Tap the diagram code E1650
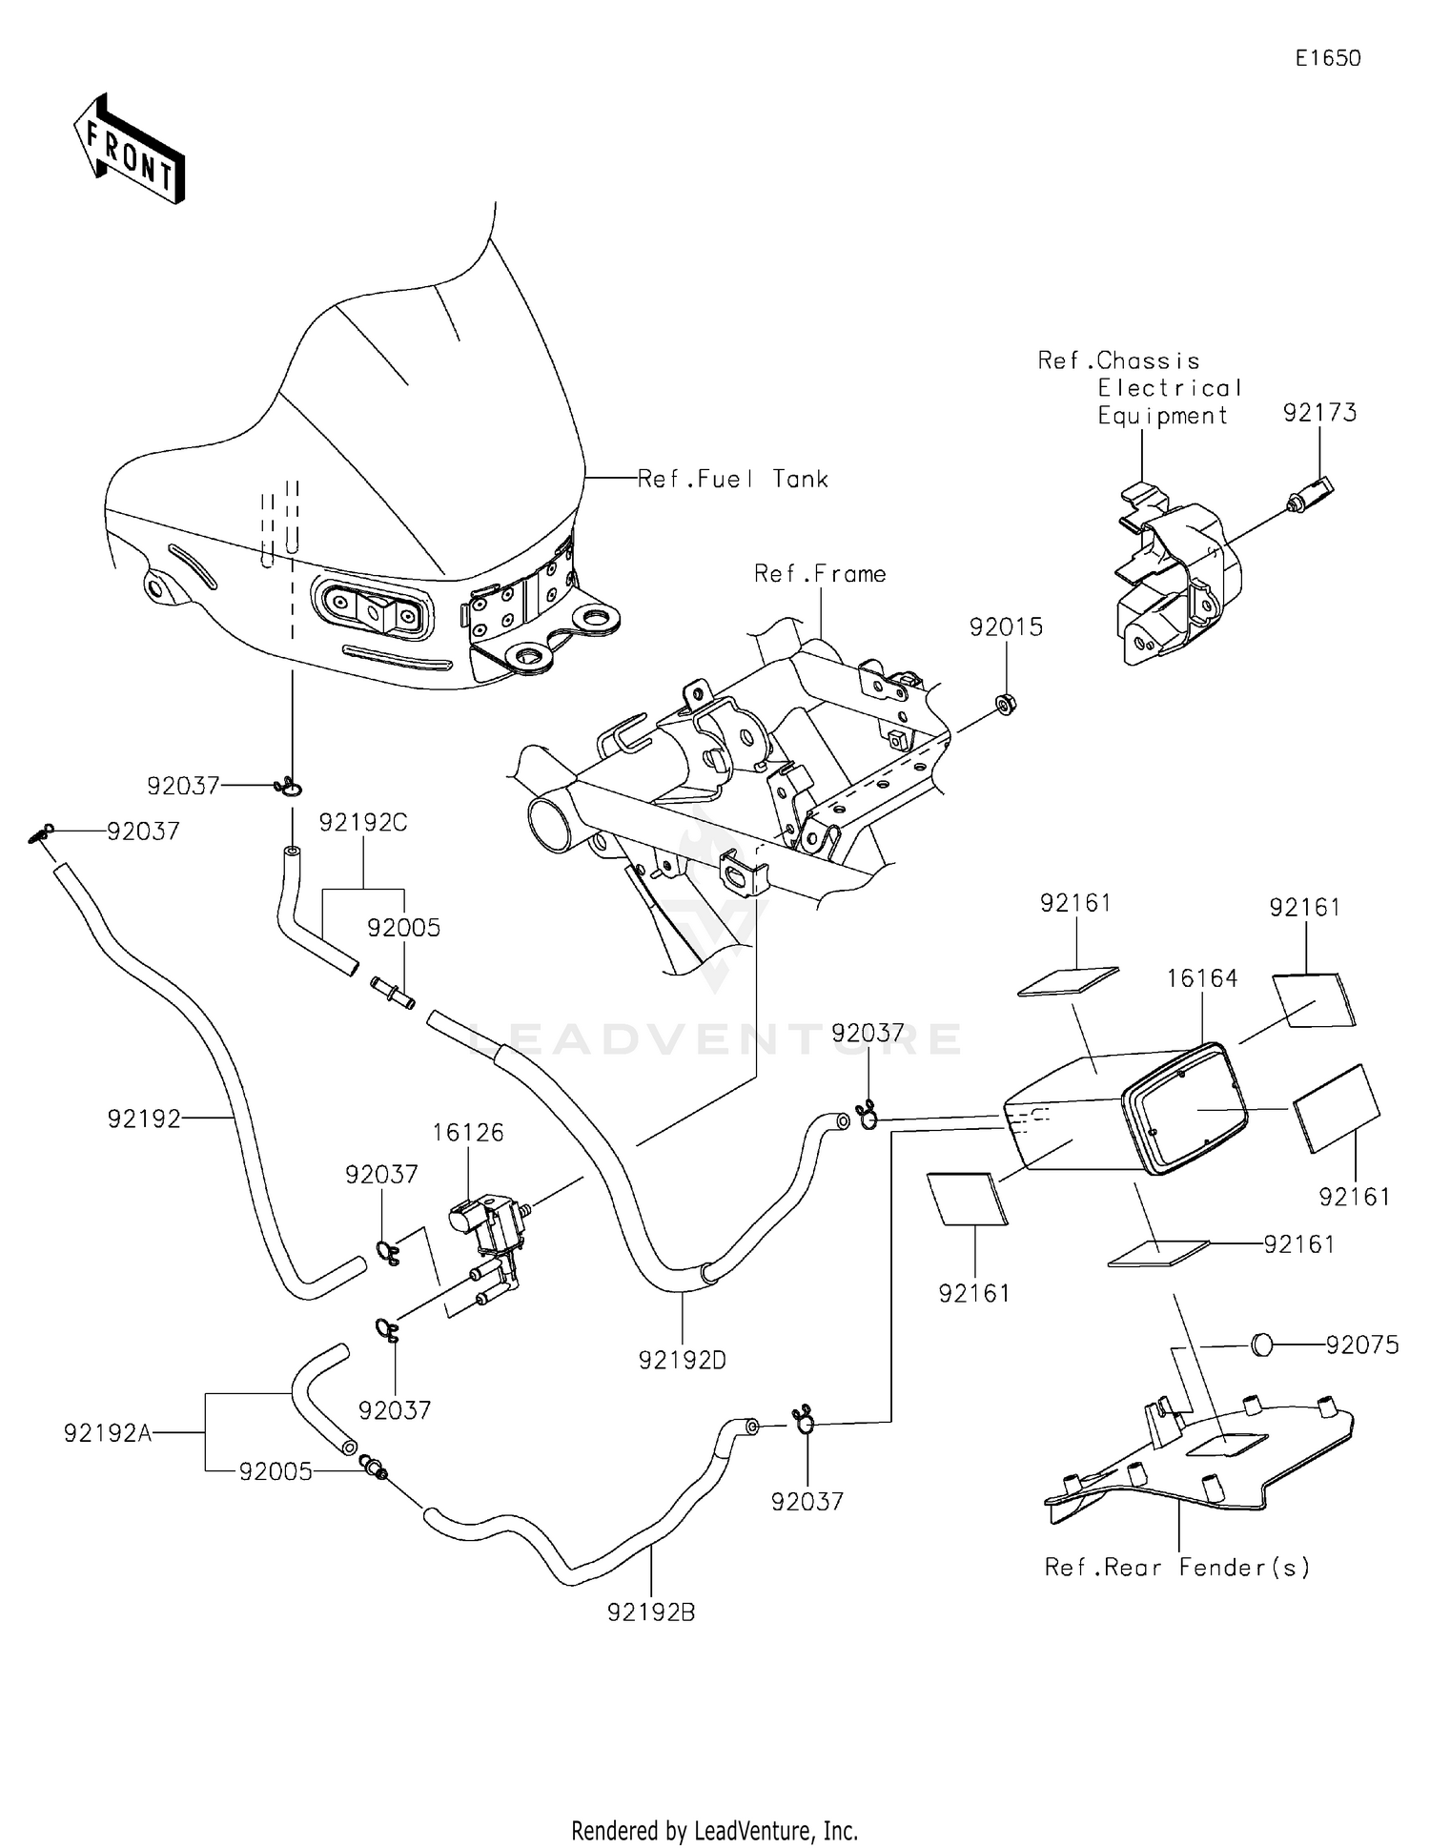[x=1327, y=58]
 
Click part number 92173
[x=1319, y=413]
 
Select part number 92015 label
[x=1006, y=627]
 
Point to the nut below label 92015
[x=1004, y=704]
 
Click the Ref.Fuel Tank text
[x=732, y=479]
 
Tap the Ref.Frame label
[x=820, y=574]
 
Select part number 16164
[x=1202, y=978]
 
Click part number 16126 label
[x=467, y=1132]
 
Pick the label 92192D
[x=682, y=1361]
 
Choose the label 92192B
[x=651, y=1612]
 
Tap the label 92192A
[x=108, y=1433]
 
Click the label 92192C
[x=362, y=822]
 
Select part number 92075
[x=1362, y=1345]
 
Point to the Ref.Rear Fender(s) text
[x=1177, y=1567]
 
